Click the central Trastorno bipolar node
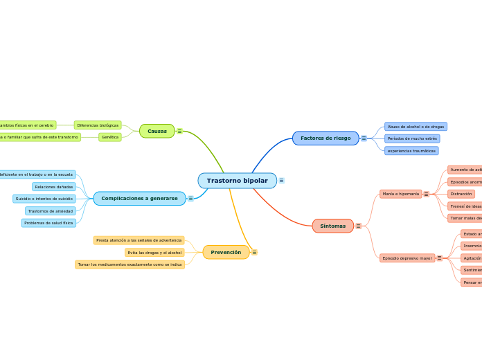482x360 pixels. pyautogui.click(x=237, y=181)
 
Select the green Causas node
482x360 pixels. pyautogui.click(x=157, y=131)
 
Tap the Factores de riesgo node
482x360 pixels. pyautogui.click(x=325, y=138)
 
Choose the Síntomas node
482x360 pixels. pyautogui.click(x=333, y=226)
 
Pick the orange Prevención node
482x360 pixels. pyautogui.click(x=226, y=252)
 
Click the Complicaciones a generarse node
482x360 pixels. pyautogui.click(x=139, y=199)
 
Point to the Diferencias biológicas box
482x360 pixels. pyautogui.click(x=98, y=125)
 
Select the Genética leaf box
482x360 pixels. pyautogui.click(x=110, y=137)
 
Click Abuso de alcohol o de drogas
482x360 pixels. pyautogui.click(x=416, y=127)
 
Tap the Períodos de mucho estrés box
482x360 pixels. pyautogui.click(x=412, y=138)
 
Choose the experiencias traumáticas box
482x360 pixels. pyautogui.click(x=411, y=150)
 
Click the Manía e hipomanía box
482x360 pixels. pyautogui.click(x=400, y=194)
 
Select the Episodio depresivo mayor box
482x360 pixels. pyautogui.click(x=407, y=258)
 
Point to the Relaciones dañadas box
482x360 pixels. pyautogui.click(x=54, y=187)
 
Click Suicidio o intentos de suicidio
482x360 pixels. pyautogui.click(x=44, y=199)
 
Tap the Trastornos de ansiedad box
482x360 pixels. pyautogui.click(x=51, y=211)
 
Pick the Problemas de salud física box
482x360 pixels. pyautogui.click(x=48, y=223)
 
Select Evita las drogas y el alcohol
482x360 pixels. pyautogui.click(x=154, y=253)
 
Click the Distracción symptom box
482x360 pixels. pyautogui.click(x=461, y=194)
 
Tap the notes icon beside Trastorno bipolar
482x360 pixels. pyautogui.click(x=281, y=181)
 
